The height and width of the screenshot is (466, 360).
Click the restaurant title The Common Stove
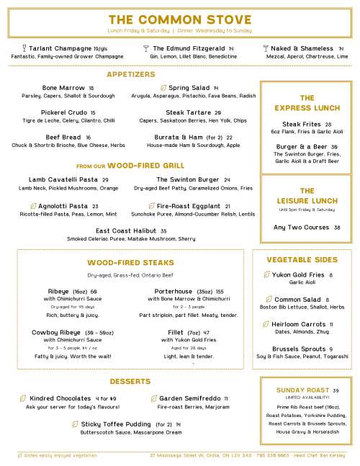180,19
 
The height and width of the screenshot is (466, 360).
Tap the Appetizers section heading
130,73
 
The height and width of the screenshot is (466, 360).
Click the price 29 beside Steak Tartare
217,112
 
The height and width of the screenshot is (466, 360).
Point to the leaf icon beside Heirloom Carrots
269,324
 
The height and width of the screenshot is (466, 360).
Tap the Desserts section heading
130,380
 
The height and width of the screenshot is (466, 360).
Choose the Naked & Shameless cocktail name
300,48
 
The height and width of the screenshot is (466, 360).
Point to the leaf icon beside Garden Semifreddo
154,398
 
